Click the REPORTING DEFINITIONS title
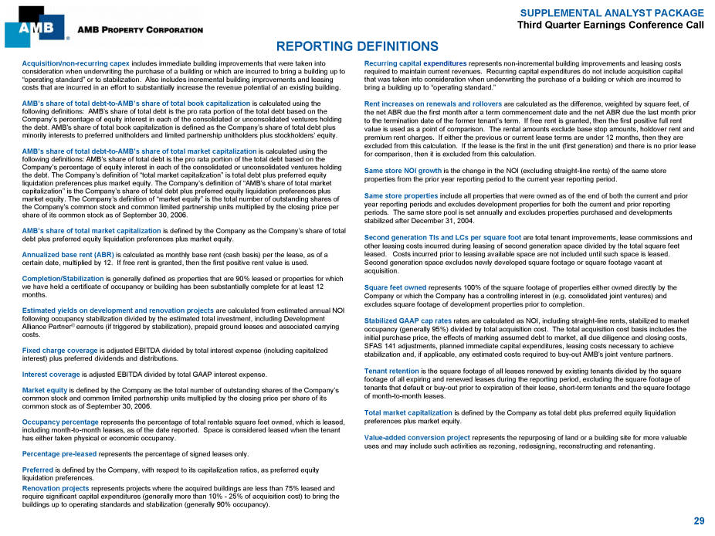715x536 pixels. tap(357, 47)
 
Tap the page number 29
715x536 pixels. tap(699, 521)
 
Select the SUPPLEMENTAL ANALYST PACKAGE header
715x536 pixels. tap(612, 13)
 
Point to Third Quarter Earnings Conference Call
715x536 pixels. tap(610, 25)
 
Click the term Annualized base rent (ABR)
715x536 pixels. tap(67, 254)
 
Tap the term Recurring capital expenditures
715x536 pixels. tap(415, 63)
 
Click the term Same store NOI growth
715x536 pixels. tap(402, 170)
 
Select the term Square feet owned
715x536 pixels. tap(395, 287)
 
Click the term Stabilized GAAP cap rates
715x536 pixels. tap(408, 321)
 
